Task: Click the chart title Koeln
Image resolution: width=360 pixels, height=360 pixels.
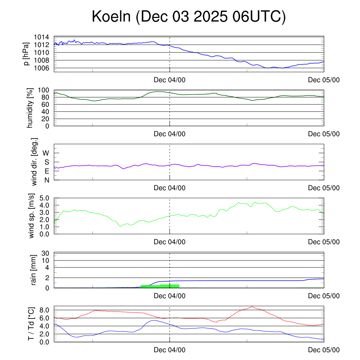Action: click(x=188, y=17)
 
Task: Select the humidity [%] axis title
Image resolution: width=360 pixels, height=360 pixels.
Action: click(x=30, y=108)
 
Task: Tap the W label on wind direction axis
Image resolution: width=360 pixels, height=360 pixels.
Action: click(x=46, y=153)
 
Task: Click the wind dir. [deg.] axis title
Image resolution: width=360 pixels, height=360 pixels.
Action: click(x=34, y=162)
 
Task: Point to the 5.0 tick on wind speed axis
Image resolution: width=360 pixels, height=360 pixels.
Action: click(x=45, y=198)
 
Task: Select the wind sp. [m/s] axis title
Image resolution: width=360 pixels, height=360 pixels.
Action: click(x=32, y=216)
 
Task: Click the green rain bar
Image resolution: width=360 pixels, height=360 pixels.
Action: click(x=160, y=286)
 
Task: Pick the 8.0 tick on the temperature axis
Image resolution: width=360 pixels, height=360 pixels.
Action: click(x=45, y=310)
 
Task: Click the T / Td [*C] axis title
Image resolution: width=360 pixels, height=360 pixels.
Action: click(x=31, y=323)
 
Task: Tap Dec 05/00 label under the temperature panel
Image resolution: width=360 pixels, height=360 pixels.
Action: click(x=323, y=350)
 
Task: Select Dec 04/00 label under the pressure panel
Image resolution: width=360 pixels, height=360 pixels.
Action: click(x=169, y=80)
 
